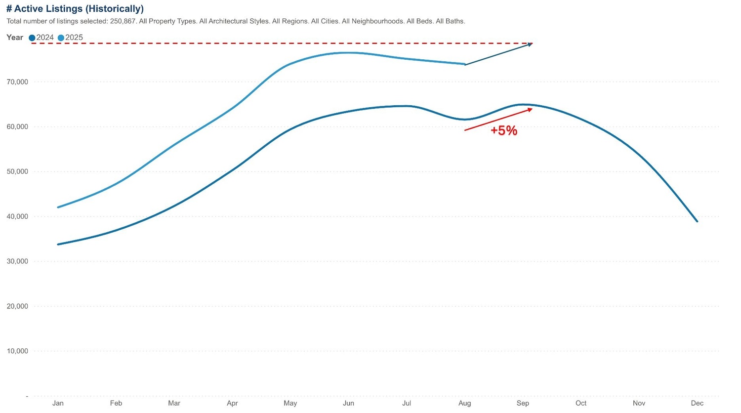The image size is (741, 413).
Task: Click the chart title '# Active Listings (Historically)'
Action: tap(75, 8)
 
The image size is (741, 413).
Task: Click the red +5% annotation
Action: tap(504, 130)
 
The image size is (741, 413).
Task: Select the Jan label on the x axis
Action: tap(58, 403)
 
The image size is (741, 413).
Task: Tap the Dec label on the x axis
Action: tap(697, 403)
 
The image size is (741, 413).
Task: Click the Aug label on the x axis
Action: tap(464, 403)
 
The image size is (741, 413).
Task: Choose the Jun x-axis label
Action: tap(348, 403)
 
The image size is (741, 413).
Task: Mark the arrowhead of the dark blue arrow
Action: tap(531, 44)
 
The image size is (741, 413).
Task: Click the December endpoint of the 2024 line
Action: tap(697, 221)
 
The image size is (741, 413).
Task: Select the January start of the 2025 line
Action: tap(58, 207)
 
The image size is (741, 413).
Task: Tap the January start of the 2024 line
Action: tap(58, 244)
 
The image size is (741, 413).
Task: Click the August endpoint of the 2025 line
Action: tap(464, 64)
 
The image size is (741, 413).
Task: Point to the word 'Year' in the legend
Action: tap(15, 38)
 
